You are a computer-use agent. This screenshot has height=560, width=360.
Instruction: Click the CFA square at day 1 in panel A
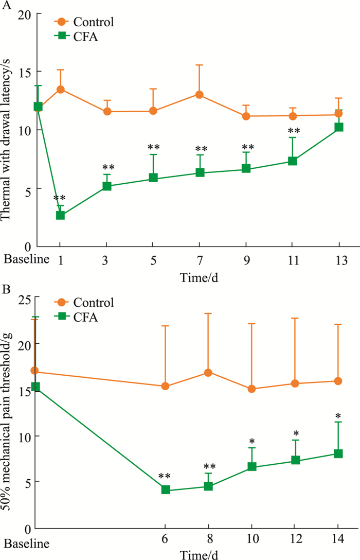pos(60,215)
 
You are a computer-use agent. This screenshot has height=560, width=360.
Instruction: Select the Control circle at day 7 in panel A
pos(200,95)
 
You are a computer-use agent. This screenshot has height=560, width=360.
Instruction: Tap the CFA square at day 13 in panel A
pos(339,127)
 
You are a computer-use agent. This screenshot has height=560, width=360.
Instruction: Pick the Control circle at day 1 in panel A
pos(60,89)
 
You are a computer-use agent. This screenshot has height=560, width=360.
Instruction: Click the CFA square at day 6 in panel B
pos(166,489)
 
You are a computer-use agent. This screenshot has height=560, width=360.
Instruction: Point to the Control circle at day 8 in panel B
pos(209,372)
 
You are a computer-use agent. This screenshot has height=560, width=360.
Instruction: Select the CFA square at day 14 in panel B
pos(338,453)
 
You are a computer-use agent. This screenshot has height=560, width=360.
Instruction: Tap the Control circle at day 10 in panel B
pos(252,389)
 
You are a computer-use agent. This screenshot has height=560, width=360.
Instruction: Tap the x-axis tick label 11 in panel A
pos(293,259)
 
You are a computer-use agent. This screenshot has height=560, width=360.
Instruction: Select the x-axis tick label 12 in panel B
pos(295,542)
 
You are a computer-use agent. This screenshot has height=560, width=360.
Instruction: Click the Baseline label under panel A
pos(27,259)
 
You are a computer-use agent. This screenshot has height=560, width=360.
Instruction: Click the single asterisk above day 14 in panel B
pos(338,416)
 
